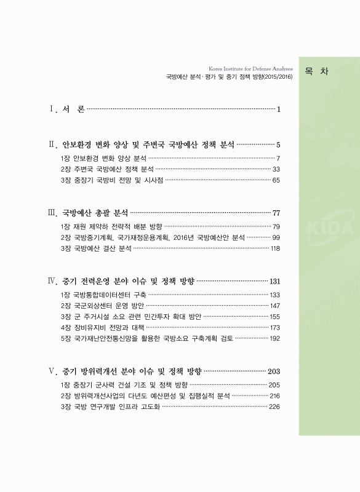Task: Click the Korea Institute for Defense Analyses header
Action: click(x=251, y=68)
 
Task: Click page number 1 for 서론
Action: click(x=279, y=110)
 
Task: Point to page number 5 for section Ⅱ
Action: click(x=278, y=146)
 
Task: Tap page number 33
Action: click(x=276, y=169)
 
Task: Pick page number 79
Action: click(x=276, y=226)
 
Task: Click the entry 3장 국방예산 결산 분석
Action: click(x=95, y=248)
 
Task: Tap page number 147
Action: click(x=274, y=306)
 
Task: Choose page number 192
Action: click(x=274, y=338)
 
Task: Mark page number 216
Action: click(x=274, y=395)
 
